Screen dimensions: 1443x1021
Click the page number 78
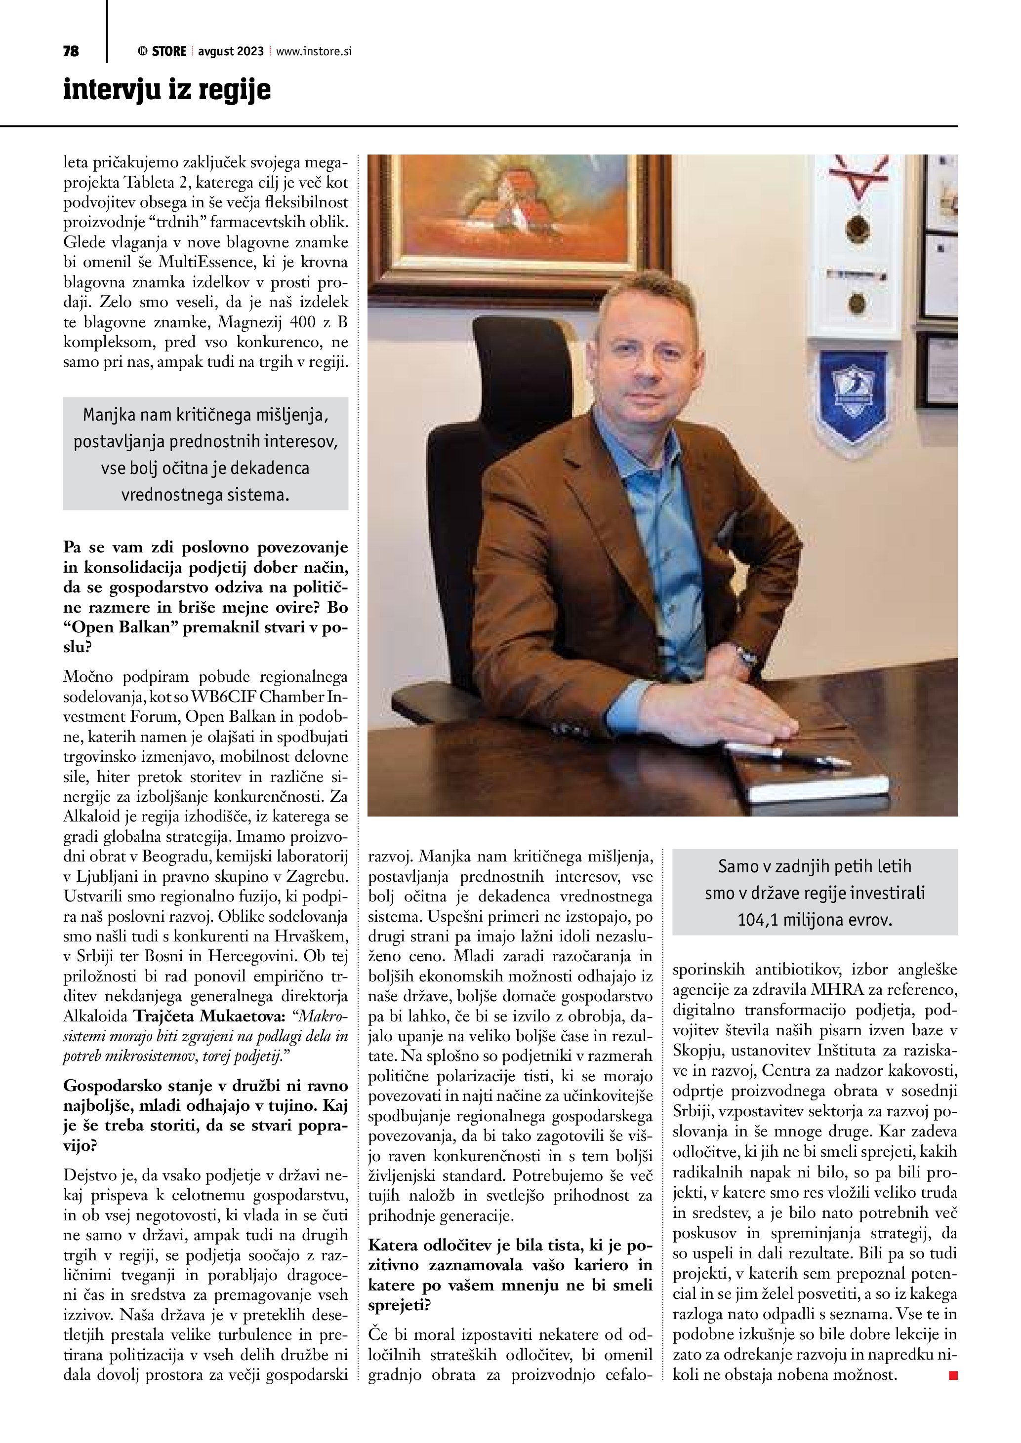[71, 51]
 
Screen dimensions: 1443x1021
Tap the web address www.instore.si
[313, 51]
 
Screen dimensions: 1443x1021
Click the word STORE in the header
[169, 51]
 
